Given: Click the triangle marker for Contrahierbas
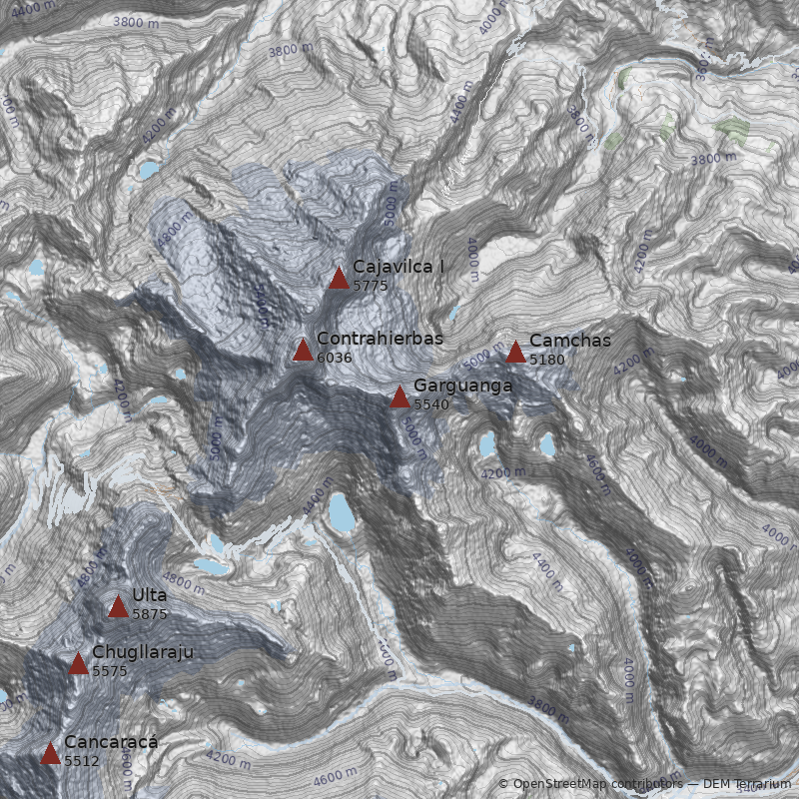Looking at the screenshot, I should point(303,350).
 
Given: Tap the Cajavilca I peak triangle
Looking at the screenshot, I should point(339,278).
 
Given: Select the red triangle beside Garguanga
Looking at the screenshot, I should point(399,397).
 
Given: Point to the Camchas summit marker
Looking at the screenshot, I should point(515,352).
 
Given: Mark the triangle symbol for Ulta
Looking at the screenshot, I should point(118,606).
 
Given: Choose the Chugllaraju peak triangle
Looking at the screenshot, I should point(78,663).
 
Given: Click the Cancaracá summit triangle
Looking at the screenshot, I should point(50,753).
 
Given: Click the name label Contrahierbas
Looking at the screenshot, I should point(380,340).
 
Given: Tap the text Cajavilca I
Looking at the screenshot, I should point(399,267).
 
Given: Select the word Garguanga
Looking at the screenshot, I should point(462,386).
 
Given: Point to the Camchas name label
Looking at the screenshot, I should point(569,341).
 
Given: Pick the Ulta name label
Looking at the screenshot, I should point(150,595).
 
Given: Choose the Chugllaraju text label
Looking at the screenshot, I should point(142,653).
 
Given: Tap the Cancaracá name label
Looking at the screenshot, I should point(111,742).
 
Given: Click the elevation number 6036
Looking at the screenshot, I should point(335,358).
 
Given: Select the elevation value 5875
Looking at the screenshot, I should point(150,614).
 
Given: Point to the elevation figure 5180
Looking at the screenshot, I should point(547,360).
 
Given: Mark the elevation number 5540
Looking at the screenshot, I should point(431,404).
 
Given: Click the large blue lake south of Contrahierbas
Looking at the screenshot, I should point(340,513).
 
